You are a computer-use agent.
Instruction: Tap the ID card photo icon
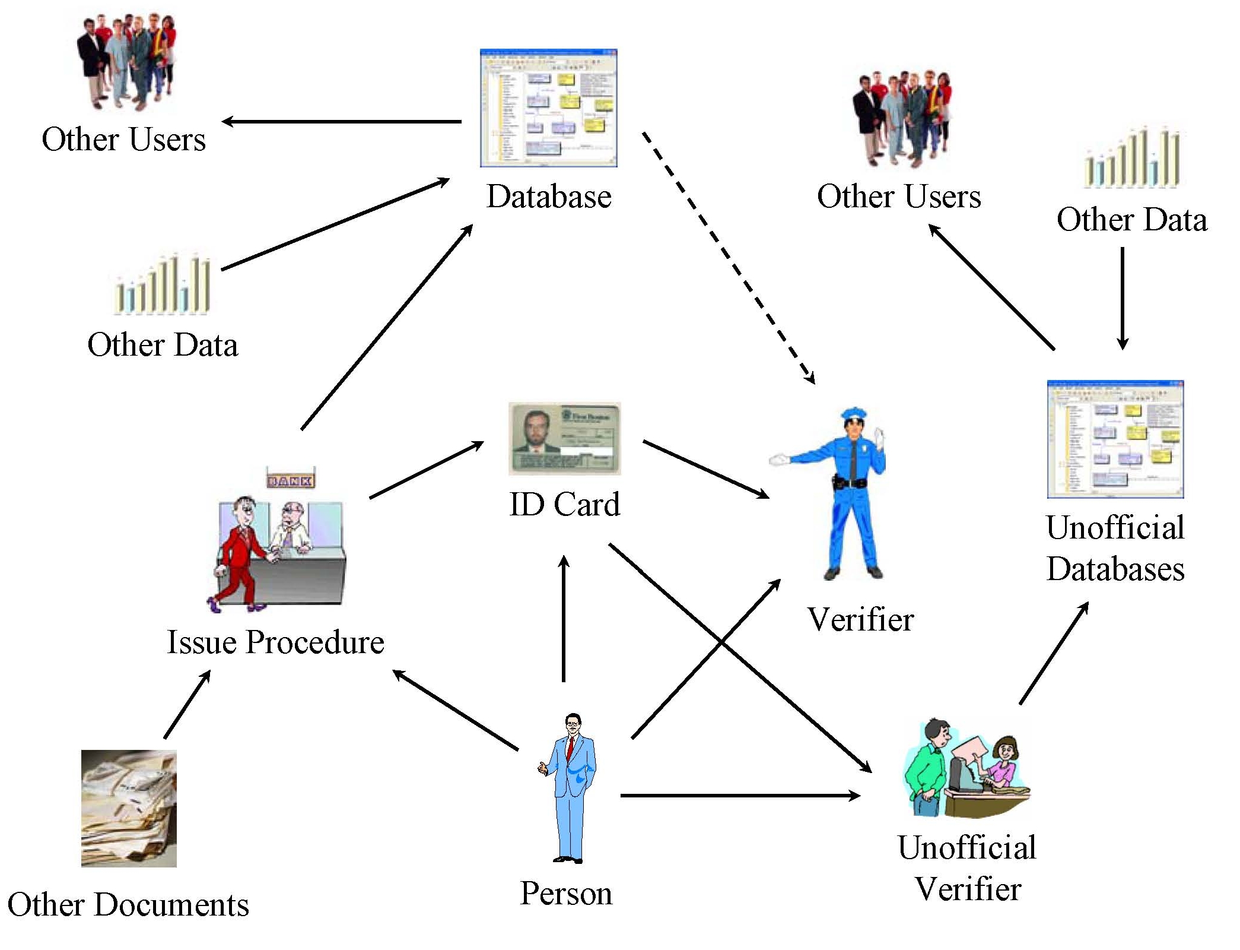click(564, 439)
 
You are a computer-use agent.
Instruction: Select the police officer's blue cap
click(854, 413)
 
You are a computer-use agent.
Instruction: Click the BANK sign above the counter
click(290, 479)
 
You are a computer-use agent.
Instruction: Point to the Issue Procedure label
click(275, 642)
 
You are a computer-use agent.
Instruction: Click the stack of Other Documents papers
click(129, 808)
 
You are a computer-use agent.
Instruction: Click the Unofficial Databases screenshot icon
click(1115, 439)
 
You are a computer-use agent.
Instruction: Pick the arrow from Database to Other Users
click(342, 122)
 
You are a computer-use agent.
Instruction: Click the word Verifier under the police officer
click(860, 619)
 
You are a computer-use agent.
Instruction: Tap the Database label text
click(549, 197)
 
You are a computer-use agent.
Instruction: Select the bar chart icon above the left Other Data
click(162, 284)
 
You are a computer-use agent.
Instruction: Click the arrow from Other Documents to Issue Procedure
click(187, 705)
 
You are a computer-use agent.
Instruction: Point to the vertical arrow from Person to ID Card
click(564, 617)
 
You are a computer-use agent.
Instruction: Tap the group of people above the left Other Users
click(126, 61)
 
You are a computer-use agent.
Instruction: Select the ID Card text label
click(564, 505)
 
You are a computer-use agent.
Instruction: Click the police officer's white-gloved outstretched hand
click(778, 460)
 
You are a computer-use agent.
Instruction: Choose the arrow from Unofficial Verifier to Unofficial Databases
click(1054, 653)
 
